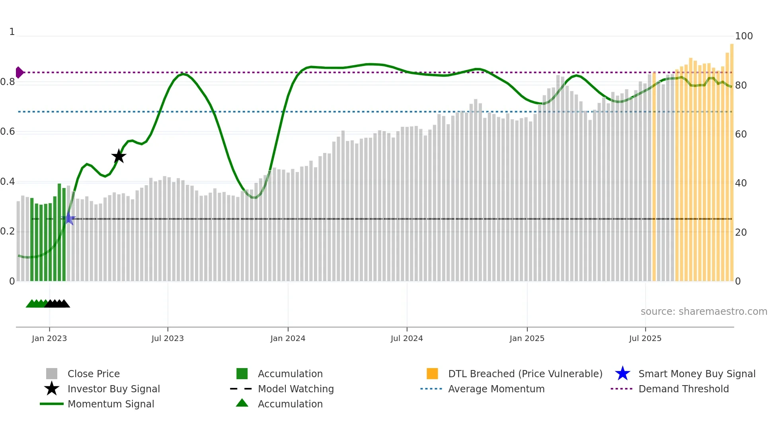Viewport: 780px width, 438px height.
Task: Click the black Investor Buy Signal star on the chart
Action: click(119, 157)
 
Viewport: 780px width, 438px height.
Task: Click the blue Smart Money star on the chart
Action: click(68, 218)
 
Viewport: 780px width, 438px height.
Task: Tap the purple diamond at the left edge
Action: click(19, 72)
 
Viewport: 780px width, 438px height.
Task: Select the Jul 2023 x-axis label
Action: click(168, 338)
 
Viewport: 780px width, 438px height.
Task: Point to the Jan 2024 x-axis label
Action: click(288, 338)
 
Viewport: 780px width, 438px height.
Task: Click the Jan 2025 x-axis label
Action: click(527, 338)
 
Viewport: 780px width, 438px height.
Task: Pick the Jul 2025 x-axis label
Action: click(645, 338)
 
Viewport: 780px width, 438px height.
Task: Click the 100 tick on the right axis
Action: click(743, 36)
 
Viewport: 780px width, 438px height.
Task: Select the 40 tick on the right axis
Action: click(741, 183)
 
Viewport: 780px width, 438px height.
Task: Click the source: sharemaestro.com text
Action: click(704, 312)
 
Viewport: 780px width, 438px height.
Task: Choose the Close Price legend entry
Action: click(93, 374)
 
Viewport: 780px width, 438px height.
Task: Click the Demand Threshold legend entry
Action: click(683, 389)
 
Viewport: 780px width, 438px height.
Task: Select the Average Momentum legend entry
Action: click(496, 389)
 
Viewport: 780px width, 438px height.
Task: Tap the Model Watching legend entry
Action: click(295, 389)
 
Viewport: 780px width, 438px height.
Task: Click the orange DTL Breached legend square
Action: click(432, 374)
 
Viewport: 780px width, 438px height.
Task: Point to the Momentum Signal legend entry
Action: click(111, 404)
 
